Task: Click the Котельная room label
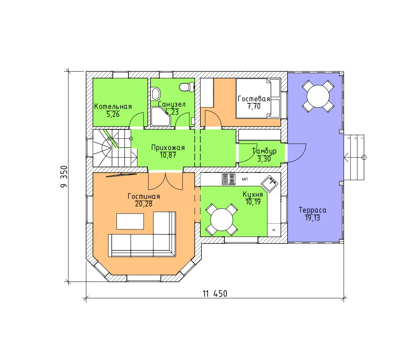point(113,106)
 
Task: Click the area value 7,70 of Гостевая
point(254,106)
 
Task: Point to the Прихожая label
point(168,148)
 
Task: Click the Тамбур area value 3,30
point(264,159)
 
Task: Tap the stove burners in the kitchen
point(229,179)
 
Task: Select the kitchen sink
point(269,183)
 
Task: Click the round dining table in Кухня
point(222,220)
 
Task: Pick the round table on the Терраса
point(318,96)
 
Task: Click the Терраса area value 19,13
point(312,218)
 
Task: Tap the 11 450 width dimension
point(215,294)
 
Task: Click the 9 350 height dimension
point(64,177)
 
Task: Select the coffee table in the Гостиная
point(130,221)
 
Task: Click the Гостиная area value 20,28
point(144,204)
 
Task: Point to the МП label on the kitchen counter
point(244,179)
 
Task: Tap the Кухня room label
point(253,194)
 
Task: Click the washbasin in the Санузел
point(156,94)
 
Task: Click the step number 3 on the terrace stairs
point(349,138)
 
